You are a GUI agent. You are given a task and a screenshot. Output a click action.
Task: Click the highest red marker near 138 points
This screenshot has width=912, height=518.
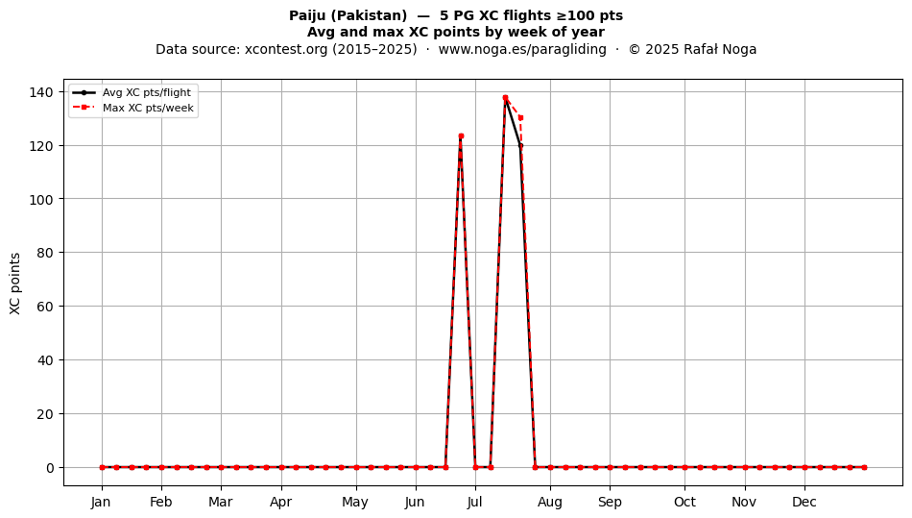pyautogui.click(x=505, y=98)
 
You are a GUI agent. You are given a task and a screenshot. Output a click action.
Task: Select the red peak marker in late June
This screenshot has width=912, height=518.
pyautogui.click(x=461, y=136)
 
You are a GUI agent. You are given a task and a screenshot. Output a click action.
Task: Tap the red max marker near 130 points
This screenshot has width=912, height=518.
pyautogui.click(x=520, y=117)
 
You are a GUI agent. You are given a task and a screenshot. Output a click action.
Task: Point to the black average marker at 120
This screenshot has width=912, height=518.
pyautogui.click(x=520, y=145)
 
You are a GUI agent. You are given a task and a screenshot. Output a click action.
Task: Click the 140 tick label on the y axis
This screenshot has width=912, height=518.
pyautogui.click(x=41, y=92)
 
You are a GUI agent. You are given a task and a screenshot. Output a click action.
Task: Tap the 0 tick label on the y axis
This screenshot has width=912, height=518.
pyautogui.click(x=50, y=467)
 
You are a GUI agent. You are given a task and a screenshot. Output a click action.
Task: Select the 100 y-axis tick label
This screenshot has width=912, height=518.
pyautogui.click(x=41, y=199)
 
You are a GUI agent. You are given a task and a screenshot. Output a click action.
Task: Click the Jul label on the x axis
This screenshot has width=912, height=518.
pyautogui.click(x=475, y=502)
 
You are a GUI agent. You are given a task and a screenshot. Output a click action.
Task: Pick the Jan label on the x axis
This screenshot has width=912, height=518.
pyautogui.click(x=101, y=502)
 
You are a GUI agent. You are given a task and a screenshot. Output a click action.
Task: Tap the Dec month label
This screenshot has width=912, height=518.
pyautogui.click(x=804, y=502)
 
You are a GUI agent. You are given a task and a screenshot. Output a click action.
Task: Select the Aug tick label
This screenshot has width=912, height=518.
pyautogui.click(x=550, y=502)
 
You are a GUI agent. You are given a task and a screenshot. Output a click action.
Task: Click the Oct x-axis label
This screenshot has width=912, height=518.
pyautogui.click(x=684, y=502)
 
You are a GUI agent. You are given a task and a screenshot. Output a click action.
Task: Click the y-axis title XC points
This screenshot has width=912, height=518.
pyautogui.click(x=15, y=284)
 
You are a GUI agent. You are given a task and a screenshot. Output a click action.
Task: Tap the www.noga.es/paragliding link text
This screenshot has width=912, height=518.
pyautogui.click(x=522, y=49)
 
